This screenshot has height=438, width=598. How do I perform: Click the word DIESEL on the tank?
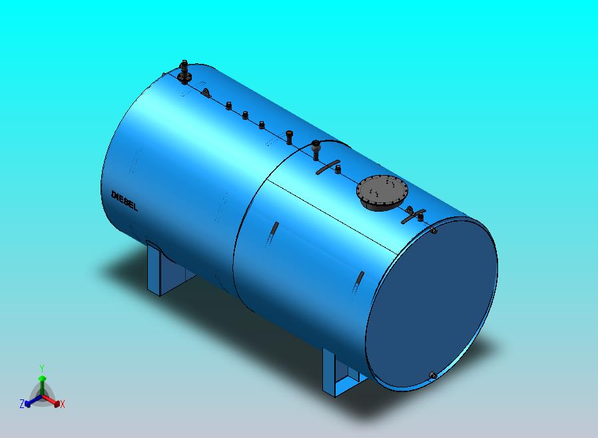click(125, 201)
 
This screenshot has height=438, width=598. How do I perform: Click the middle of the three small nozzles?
click(245, 115)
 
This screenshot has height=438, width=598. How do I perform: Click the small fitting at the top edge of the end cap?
click(434, 230)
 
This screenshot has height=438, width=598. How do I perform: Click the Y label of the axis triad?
click(42, 368)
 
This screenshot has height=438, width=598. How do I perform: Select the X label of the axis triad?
click(63, 404)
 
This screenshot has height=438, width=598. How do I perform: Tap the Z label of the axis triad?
click(22, 403)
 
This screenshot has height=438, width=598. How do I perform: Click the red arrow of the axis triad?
click(53, 401)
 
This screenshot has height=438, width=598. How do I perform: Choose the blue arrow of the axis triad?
click(31, 400)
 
